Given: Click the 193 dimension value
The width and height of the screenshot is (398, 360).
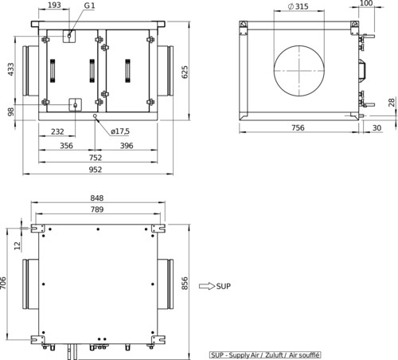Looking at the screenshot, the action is click(54, 5).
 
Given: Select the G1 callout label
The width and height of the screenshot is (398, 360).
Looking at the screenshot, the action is click(89, 6).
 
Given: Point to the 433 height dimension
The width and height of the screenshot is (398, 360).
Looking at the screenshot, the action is click(10, 69).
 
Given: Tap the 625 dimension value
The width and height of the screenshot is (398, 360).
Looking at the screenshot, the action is click(185, 72).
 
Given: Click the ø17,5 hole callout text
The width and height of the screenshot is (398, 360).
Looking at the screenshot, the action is click(120, 131).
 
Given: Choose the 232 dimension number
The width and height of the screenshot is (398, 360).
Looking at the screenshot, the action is click(57, 131).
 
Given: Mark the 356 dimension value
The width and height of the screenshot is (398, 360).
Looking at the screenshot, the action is click(66, 146).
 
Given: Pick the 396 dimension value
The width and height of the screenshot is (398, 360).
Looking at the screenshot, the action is click(127, 146).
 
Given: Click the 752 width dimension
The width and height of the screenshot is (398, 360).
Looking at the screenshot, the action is click(96, 158).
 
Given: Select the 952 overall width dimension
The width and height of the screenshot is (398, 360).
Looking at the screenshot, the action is click(96, 170).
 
